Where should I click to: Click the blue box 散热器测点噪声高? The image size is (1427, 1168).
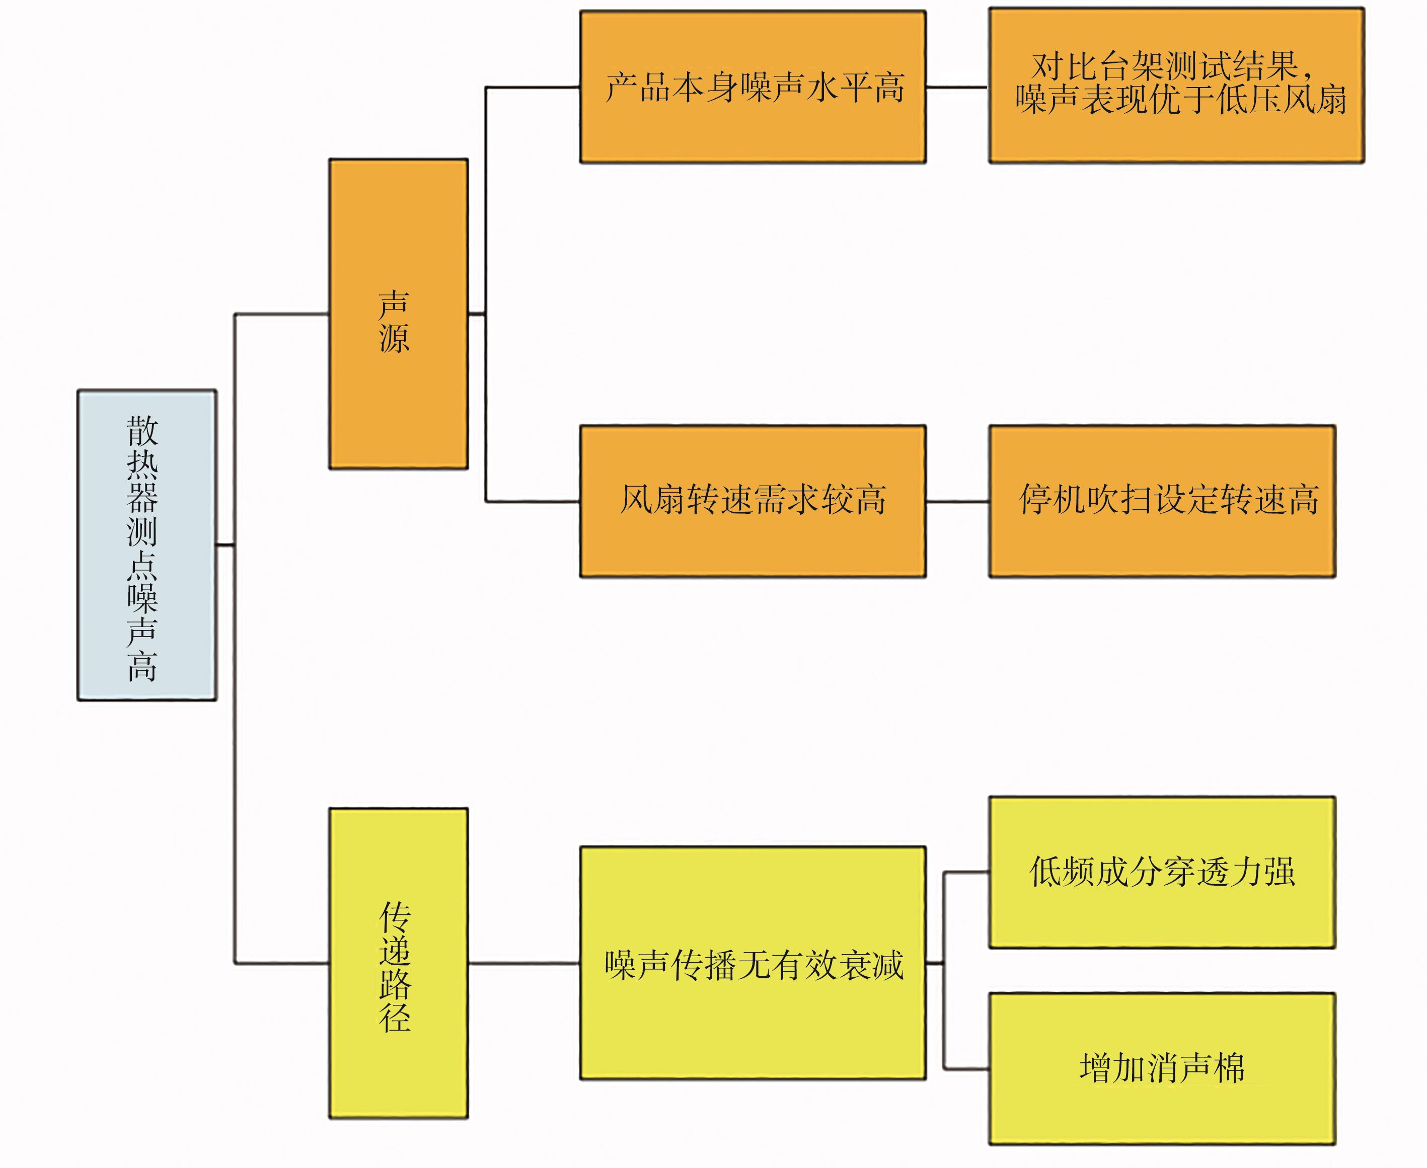[x=146, y=545]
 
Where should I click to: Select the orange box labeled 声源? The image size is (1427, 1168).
[x=398, y=314]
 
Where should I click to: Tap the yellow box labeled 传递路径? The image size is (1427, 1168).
[x=398, y=963]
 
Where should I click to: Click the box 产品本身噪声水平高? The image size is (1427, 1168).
[x=753, y=87]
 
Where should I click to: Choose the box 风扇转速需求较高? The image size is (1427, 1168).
[x=753, y=501]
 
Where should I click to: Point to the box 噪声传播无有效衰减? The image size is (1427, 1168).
[x=753, y=963]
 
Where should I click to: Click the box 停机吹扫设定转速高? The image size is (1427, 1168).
[x=1162, y=501]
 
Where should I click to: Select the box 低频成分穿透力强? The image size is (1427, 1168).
[x=1162, y=872]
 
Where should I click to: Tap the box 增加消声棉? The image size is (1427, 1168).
[x=1162, y=1068]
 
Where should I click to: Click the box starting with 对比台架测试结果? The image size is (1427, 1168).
[x=1176, y=86]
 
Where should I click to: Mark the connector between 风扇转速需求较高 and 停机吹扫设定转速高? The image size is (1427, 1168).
[x=957, y=501]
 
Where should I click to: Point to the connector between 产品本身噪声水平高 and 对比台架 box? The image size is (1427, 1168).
[x=957, y=87]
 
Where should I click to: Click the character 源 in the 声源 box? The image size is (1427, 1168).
[x=394, y=338]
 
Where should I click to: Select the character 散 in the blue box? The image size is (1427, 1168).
[x=142, y=431]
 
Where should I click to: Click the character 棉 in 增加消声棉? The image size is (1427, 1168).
[x=1229, y=1068]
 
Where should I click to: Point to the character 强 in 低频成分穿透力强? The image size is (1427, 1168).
[x=1279, y=872]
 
